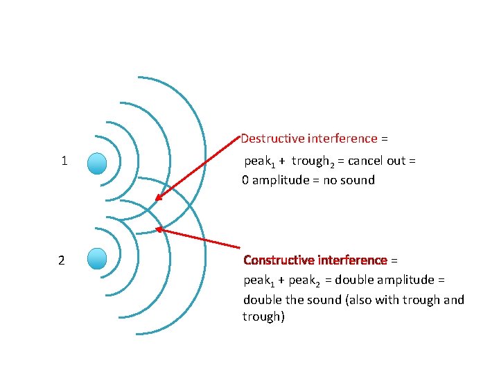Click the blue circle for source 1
[98, 163]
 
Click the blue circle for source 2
[98, 258]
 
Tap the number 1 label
[64, 161]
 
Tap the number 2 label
[62, 260]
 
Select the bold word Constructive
[279, 260]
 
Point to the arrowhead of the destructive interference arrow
[157, 199]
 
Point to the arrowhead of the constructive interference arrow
[159, 229]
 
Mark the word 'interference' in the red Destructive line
[344, 139]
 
